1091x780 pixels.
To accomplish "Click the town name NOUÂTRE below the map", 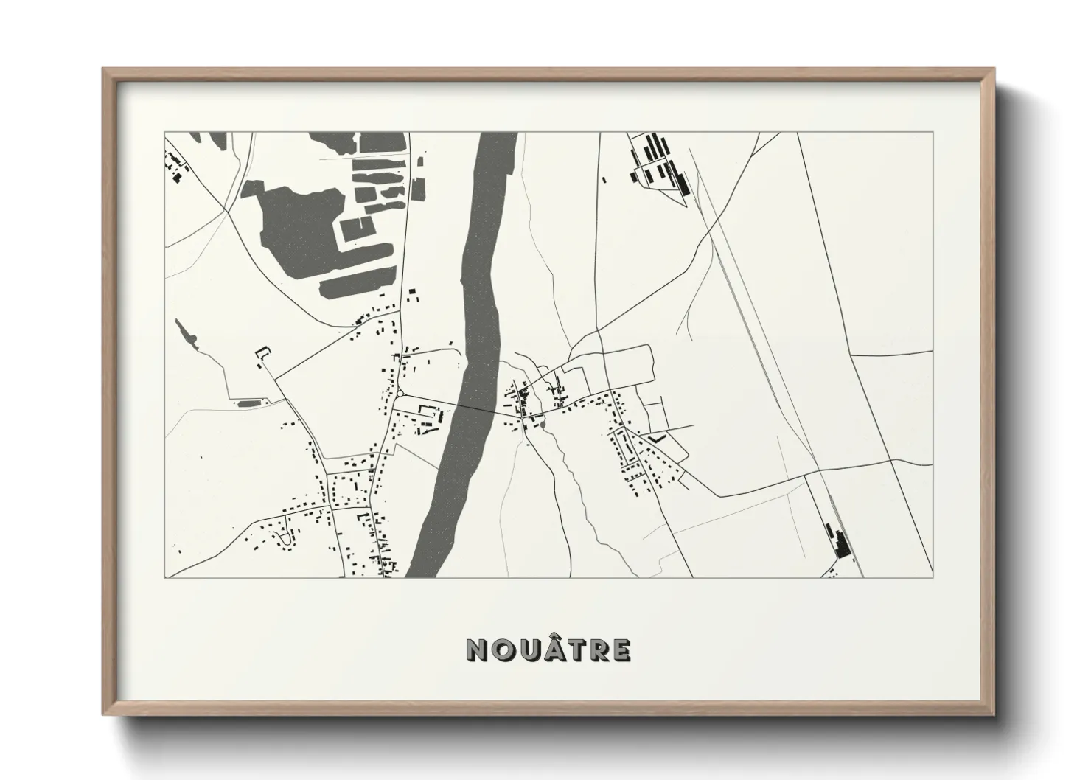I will coord(548,650).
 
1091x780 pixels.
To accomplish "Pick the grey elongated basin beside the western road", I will coord(249,403).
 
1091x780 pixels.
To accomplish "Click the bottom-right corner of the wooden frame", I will coord(994,714).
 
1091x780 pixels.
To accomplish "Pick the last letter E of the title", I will coord(621,650).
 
